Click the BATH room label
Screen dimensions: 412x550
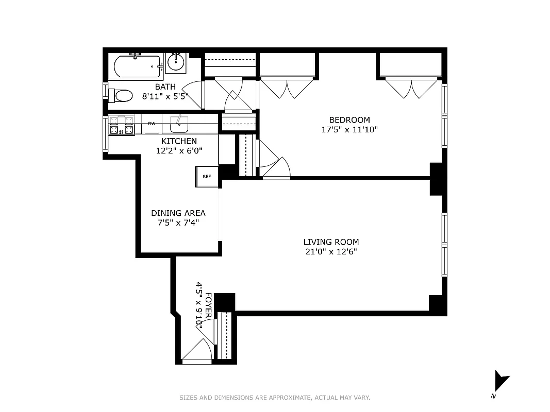[165, 87]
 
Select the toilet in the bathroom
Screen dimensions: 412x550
[123, 95]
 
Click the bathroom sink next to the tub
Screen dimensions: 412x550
[176, 62]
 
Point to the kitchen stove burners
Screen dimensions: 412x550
[121, 126]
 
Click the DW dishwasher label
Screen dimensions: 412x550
[152, 124]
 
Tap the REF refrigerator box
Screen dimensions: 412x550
[207, 177]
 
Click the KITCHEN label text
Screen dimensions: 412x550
[179, 141]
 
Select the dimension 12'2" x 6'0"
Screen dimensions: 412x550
[179, 151]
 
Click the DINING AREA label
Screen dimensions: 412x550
[178, 213]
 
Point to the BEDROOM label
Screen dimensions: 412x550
[349, 120]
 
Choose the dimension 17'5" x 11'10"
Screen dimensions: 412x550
[349, 130]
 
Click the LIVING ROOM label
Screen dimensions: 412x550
[331, 242]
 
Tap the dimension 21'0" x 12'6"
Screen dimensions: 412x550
[331, 252]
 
